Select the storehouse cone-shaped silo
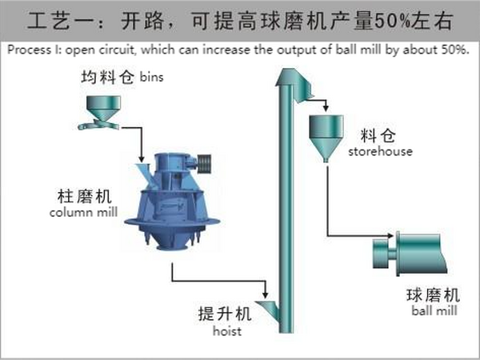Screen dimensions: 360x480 pos(326,134)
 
